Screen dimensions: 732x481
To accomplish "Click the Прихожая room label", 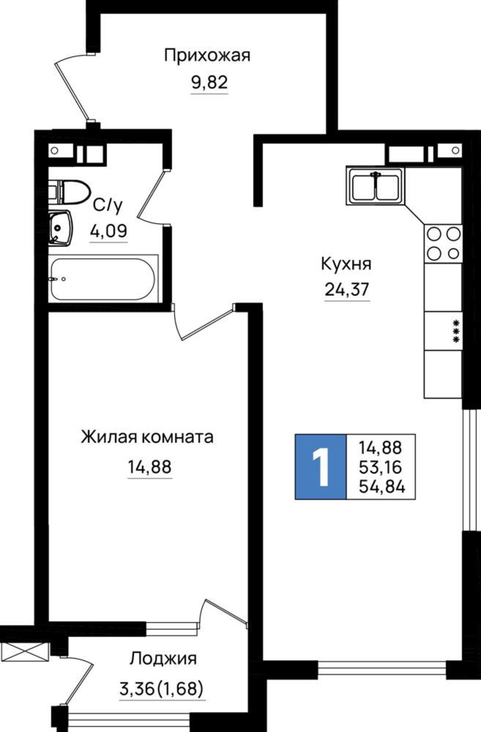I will [x=207, y=56].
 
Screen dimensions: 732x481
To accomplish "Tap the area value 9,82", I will [x=209, y=83].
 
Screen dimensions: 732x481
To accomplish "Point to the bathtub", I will [x=102, y=279].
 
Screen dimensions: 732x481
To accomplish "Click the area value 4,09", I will [x=109, y=231].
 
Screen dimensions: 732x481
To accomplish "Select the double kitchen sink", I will [x=374, y=186].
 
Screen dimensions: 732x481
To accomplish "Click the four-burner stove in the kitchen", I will [x=443, y=243].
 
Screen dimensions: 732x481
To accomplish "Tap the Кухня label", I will [x=346, y=264].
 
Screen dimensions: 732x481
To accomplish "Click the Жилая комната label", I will [x=147, y=437].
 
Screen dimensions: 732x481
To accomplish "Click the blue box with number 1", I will [x=321, y=467].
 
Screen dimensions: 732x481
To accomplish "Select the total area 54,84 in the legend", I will [x=382, y=487].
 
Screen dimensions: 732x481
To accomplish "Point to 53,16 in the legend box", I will [x=381, y=467].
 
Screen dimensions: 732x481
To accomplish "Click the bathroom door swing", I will [x=152, y=198].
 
